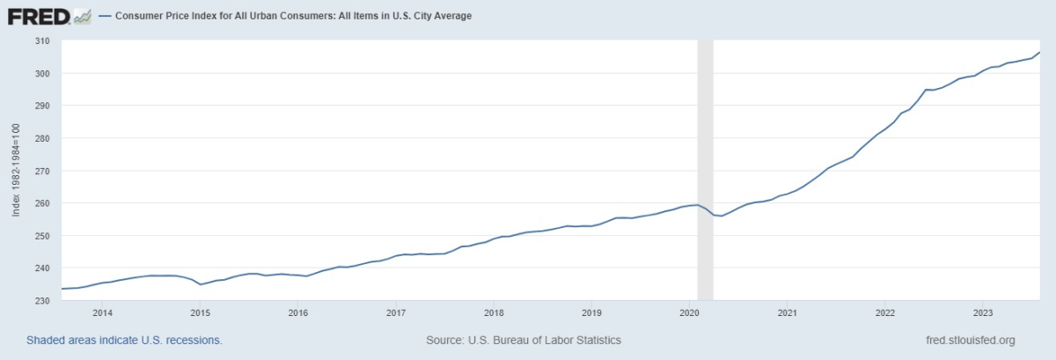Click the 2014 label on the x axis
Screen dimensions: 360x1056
[102, 312]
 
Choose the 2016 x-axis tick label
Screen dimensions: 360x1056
[298, 312]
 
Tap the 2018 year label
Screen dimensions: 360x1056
[494, 312]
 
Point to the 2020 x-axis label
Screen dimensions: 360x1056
[690, 312]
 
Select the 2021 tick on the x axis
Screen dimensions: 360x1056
[788, 312]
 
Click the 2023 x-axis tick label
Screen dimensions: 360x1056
[983, 312]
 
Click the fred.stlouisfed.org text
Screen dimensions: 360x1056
[971, 340]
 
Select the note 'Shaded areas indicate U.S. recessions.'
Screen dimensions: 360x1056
[124, 340]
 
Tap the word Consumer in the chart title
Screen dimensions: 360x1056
[139, 16]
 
